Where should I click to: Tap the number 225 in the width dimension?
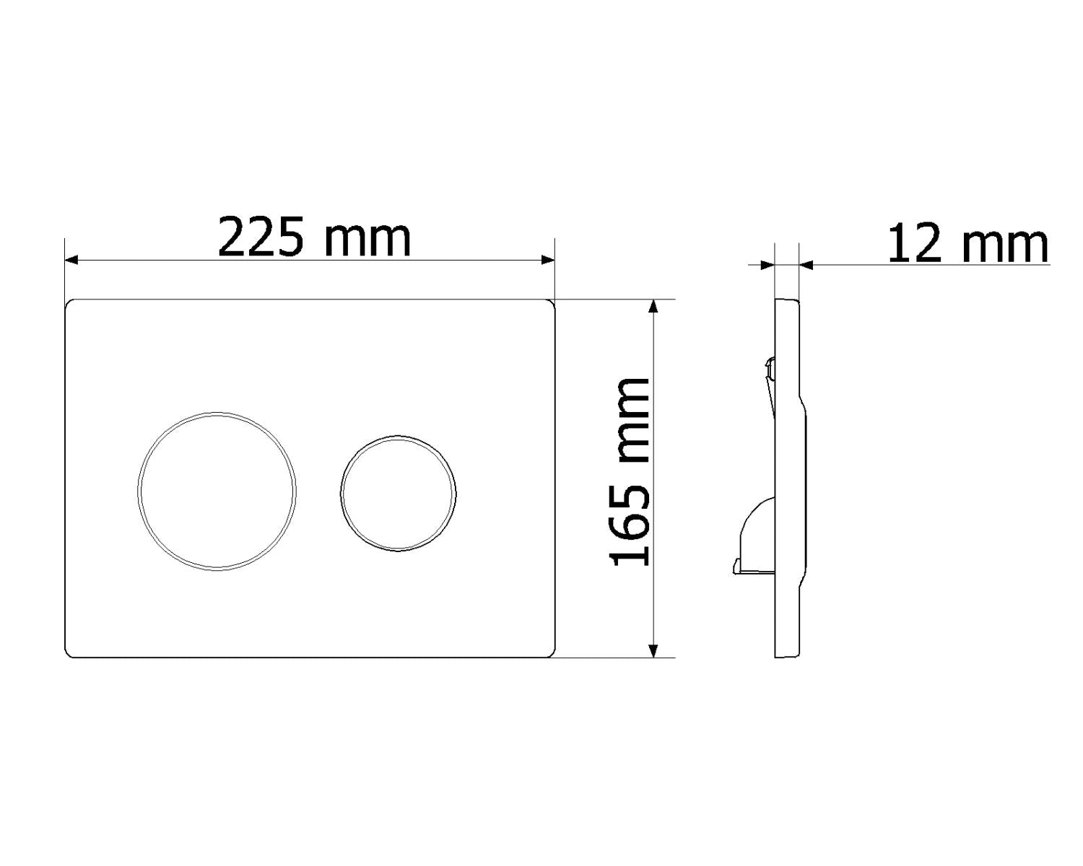[x=261, y=237]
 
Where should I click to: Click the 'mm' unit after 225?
[x=368, y=240]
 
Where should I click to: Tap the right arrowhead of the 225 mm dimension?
[x=547, y=260]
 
